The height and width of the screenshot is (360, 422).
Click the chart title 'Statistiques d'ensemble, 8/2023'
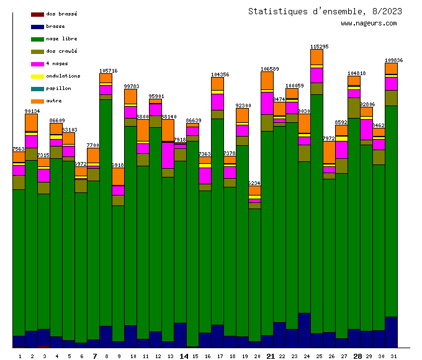[x=325, y=11]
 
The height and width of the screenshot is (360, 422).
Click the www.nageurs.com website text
[x=369, y=24]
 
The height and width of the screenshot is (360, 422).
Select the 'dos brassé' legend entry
[x=61, y=14]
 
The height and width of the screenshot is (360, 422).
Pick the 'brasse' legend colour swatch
[x=37, y=27]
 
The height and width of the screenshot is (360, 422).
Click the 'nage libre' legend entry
[x=61, y=38]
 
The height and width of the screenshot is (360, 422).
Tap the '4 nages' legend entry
[x=57, y=63]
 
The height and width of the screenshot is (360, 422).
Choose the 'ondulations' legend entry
[x=63, y=76]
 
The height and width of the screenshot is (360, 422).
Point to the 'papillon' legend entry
[x=58, y=88]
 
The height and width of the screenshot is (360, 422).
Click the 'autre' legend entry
[x=54, y=101]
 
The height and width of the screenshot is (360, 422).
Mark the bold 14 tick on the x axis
[x=184, y=356]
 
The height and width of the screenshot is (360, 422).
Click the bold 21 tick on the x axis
[x=270, y=356]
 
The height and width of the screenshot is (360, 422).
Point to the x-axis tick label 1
[x=20, y=356]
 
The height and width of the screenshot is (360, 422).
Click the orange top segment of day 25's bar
[x=316, y=56]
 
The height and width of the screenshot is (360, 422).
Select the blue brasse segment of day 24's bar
[x=304, y=330]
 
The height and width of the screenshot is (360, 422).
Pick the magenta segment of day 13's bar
[x=168, y=155]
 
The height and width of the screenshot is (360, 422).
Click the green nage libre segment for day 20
[x=254, y=273]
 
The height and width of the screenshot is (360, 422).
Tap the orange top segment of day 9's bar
[x=118, y=176]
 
